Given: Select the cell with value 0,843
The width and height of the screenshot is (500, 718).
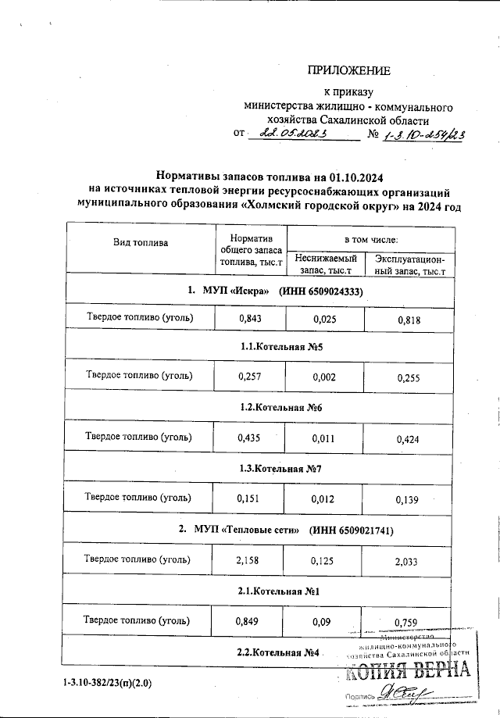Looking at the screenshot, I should (250, 319).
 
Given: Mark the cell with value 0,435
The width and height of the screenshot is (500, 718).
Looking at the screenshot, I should (250, 438).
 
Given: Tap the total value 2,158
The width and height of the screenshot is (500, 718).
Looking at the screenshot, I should (250, 559).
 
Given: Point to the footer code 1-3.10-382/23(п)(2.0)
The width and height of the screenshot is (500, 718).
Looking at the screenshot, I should (109, 684).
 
